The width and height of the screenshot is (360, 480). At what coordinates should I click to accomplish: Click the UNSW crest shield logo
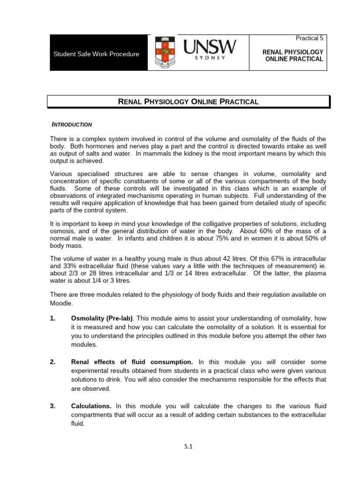point(164,53)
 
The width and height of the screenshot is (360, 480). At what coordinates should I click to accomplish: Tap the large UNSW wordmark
point(209,48)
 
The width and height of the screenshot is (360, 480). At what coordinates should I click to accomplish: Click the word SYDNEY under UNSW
point(209,58)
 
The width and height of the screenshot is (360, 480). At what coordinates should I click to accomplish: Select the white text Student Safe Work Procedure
point(96,54)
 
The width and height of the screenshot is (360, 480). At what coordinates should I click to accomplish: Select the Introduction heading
point(72,125)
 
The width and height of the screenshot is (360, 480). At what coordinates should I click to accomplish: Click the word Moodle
point(61,303)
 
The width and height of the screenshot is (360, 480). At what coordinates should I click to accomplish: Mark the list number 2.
point(52,362)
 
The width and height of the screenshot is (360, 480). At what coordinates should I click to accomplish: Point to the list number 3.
point(52,405)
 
